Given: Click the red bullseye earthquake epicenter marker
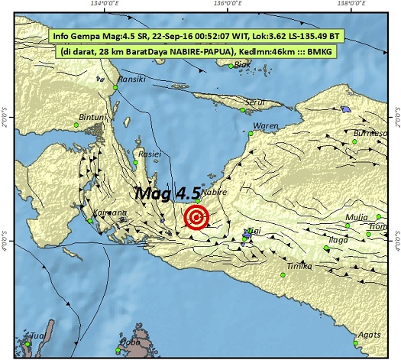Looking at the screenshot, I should click(x=197, y=218).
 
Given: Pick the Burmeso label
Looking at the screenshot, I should click(x=370, y=133).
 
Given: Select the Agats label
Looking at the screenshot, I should click(x=369, y=334).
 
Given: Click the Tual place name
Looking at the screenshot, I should click(x=37, y=336).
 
